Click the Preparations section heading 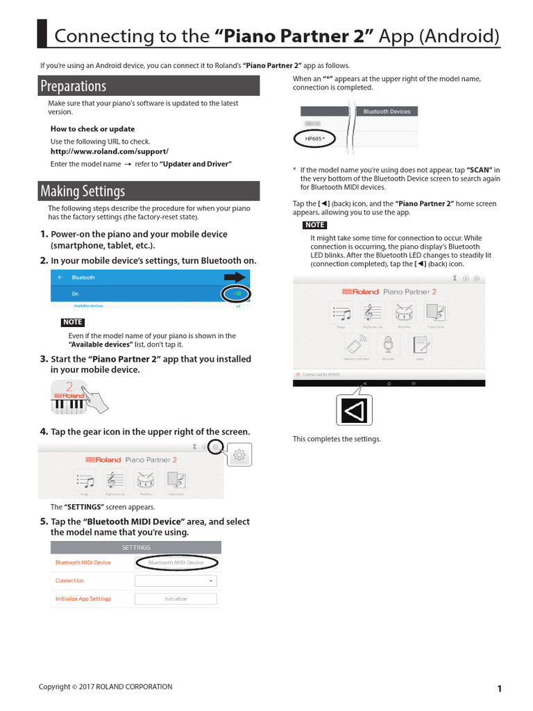pos(73,86)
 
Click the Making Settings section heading pos(83,191)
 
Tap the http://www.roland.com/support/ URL pos(110,151)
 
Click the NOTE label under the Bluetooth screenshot pos(73,322)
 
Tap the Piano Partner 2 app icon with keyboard pos(69,398)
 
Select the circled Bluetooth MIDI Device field pos(176,562)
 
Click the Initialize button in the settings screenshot pos(176,599)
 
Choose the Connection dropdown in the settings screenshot pos(176,580)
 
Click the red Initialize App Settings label pos(83,599)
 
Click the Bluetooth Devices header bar pos(387,111)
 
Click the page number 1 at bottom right pos(499,688)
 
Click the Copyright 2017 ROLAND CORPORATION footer pos(105,687)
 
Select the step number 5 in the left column pos(44,521)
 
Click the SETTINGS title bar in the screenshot pos(136,547)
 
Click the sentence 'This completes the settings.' pos(337,439)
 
